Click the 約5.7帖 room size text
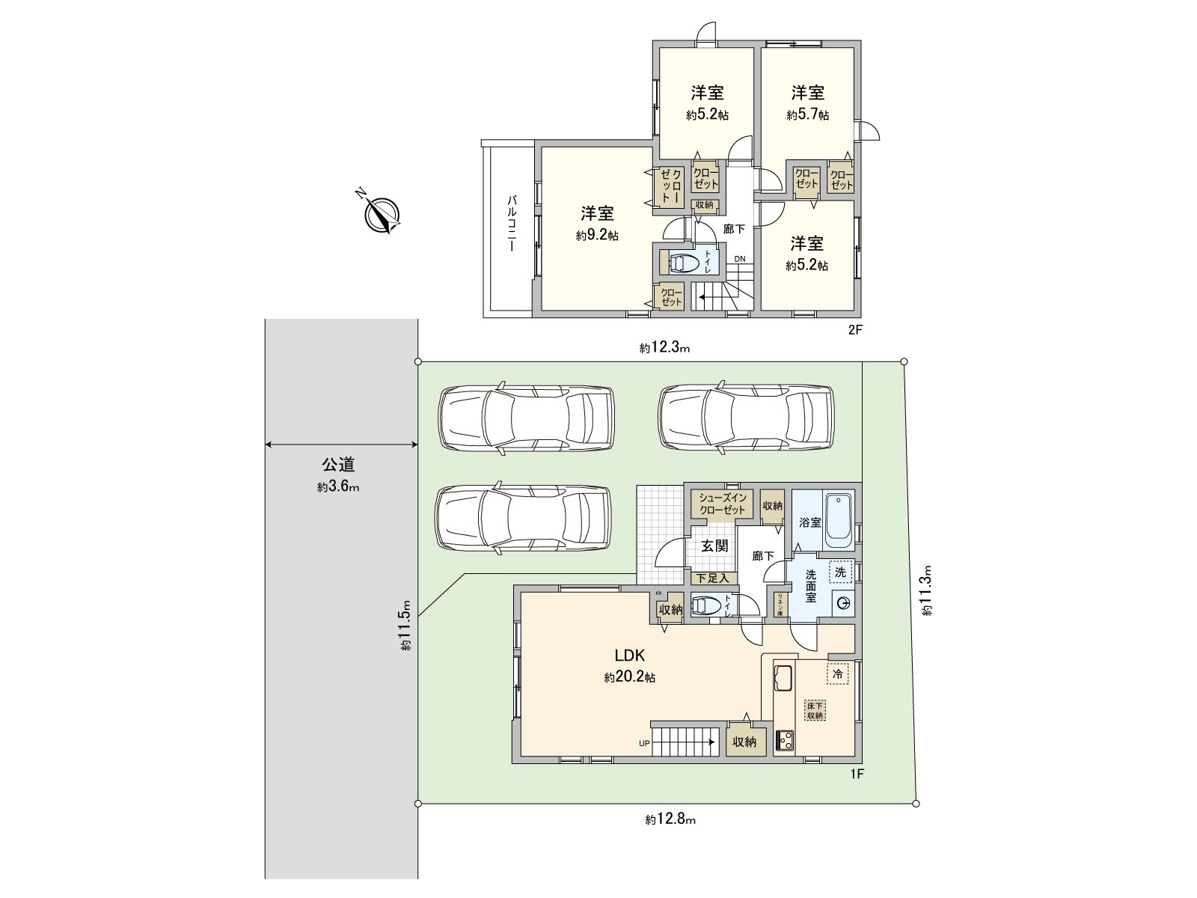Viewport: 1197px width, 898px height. tap(807, 115)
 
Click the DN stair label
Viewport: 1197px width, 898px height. tap(739, 259)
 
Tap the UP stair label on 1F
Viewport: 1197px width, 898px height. tap(643, 743)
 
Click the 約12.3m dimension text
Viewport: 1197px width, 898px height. tap(664, 347)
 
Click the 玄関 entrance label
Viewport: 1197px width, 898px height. tap(714, 546)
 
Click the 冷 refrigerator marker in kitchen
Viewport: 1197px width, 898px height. tap(838, 673)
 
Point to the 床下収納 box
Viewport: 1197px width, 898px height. tap(815, 710)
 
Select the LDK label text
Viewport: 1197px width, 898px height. tap(630, 656)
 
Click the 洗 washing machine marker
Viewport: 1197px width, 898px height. tap(841, 572)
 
